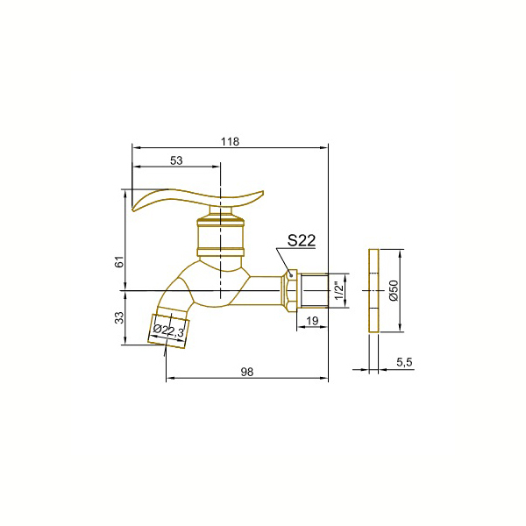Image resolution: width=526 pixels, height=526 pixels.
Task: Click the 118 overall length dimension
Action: tap(230, 141)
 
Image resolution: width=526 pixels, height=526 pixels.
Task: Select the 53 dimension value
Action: tap(176, 160)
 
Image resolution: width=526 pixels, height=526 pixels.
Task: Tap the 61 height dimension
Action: tap(119, 261)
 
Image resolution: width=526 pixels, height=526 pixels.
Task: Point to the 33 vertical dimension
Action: tap(119, 317)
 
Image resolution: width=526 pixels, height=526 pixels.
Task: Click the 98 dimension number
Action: tap(247, 372)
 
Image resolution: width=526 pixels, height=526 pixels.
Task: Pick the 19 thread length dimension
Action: tap(312, 321)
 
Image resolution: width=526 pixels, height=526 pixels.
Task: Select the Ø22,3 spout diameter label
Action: tap(168, 331)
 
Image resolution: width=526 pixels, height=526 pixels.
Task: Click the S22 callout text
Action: tap(302, 240)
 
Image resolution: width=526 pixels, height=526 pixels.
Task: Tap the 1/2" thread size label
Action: tap(339, 291)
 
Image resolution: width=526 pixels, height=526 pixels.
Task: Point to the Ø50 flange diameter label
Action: tap(394, 290)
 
